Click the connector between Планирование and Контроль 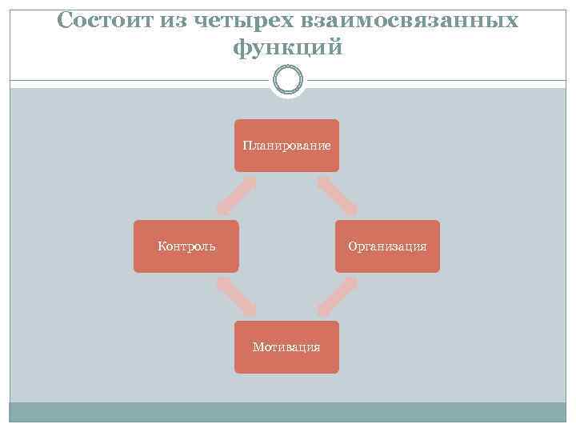point(236,196)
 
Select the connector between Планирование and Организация point(337,196)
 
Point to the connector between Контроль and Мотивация point(236,297)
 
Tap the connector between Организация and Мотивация point(337,297)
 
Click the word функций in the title point(288,48)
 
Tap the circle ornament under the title point(288,79)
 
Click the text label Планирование point(286,146)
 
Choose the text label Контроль point(186,246)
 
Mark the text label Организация point(387,246)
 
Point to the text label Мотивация point(286,347)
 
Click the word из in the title point(171,21)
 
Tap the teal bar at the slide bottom point(288,412)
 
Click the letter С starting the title point(66,21)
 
